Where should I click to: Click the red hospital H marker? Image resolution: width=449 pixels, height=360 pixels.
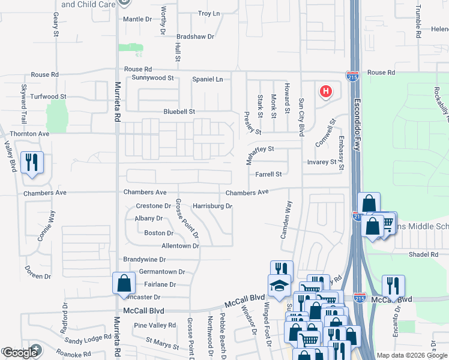point(325,92)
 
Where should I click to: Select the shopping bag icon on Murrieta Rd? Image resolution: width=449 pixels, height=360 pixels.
point(123,282)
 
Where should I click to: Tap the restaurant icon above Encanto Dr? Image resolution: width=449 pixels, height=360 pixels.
point(393,284)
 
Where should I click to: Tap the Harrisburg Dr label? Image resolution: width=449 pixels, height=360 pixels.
point(212,206)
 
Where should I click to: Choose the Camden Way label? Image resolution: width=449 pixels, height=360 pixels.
point(288,219)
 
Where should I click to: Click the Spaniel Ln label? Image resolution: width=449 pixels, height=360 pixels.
point(207,79)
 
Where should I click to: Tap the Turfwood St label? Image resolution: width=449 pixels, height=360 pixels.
point(48,96)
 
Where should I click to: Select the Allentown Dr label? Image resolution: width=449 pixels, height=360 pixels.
point(180,246)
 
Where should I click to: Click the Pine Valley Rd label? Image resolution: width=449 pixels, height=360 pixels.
point(155,325)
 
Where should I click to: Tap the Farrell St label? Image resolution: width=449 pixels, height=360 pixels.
point(268,175)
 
